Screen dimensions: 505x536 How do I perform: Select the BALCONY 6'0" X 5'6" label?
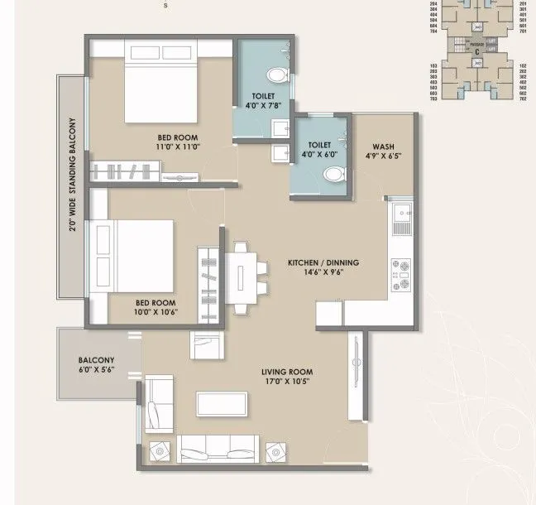(96, 366)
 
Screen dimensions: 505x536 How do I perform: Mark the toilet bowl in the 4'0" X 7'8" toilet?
(280, 77)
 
